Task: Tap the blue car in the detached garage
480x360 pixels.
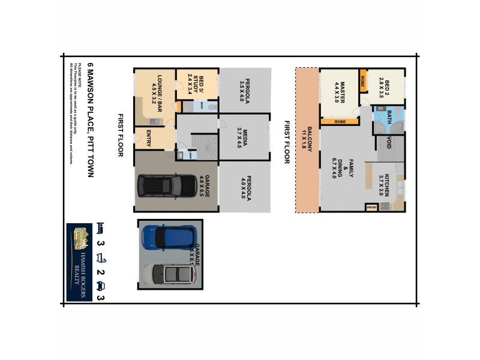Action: coord(169,238)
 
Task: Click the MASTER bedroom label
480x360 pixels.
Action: coord(339,92)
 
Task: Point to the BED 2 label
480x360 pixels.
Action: coord(384,89)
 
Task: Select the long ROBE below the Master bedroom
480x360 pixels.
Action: coord(339,122)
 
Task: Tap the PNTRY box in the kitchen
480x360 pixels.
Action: coord(371,208)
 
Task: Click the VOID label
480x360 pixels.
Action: coord(389,143)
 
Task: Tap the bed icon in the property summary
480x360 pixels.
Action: coord(101,228)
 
